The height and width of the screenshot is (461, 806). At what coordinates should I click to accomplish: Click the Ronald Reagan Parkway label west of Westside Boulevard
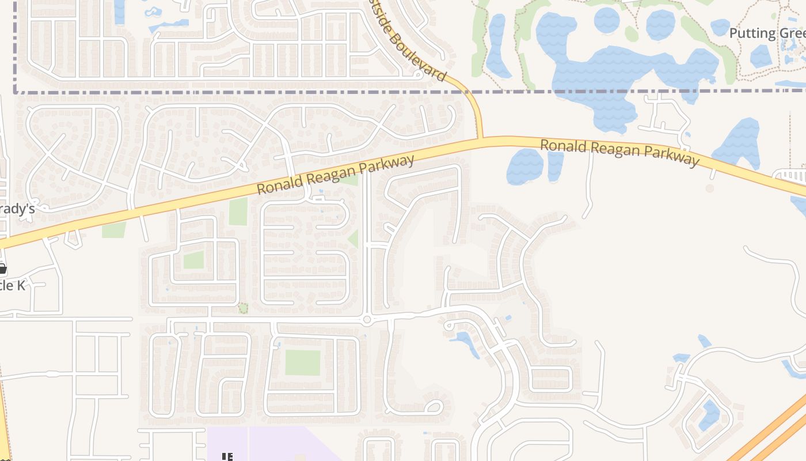point(335,174)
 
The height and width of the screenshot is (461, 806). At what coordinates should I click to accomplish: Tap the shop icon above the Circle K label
point(2,269)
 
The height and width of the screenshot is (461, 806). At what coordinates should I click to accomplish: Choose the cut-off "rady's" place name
point(17,209)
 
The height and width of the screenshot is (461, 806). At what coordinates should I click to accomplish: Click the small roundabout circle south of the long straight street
point(367,320)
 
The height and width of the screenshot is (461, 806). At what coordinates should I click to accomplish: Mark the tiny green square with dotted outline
point(243,308)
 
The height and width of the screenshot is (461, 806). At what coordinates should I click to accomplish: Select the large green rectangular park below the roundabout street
point(302,362)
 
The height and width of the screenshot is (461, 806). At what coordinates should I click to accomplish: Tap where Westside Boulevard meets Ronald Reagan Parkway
point(480,139)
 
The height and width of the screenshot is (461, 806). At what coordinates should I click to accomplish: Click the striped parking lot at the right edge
point(791,175)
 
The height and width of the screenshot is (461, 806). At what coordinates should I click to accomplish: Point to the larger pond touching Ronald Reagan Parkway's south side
point(524,167)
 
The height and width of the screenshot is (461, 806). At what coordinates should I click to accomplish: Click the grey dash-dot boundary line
point(230,92)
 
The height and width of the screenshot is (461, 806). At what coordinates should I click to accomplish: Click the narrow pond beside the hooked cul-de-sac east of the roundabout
point(467,342)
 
